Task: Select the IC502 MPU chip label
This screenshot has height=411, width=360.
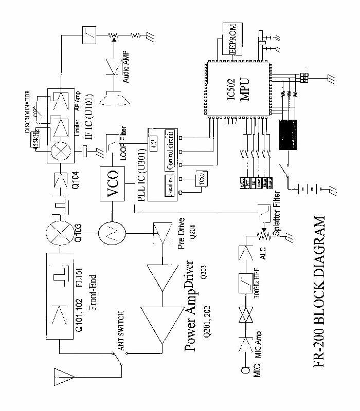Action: (x=238, y=90)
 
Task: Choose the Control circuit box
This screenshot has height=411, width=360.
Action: (x=170, y=148)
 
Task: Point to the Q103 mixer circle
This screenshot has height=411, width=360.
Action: (x=57, y=233)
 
